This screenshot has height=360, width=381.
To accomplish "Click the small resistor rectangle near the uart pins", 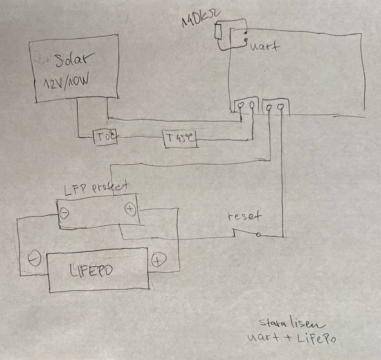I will click(218, 32).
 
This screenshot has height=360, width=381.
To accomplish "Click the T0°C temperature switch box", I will click(105, 138).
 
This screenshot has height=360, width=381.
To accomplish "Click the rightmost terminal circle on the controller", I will click(282, 106).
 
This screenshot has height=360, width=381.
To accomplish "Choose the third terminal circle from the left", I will click(270, 107).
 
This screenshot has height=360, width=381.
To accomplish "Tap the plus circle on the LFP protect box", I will click(130, 209).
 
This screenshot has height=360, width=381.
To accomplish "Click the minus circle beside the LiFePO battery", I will click(33, 260).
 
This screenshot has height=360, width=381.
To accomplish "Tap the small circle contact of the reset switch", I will click(258, 234).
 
